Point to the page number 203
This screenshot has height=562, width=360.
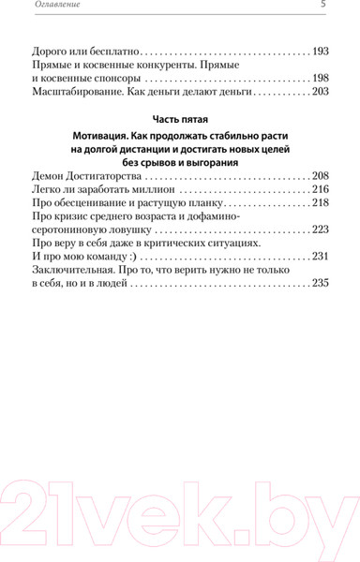coord(320,92)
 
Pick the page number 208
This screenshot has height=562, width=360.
coord(320,176)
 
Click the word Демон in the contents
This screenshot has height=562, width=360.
coord(50,176)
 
